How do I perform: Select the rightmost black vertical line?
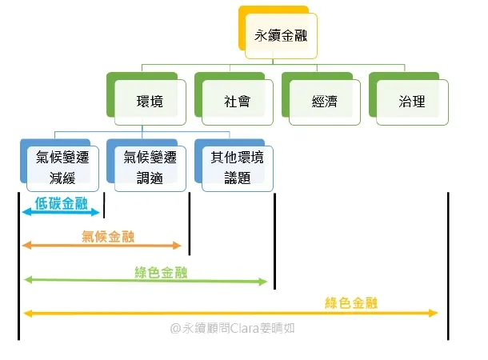(x=449, y=264)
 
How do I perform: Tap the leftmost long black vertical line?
(x=18, y=264)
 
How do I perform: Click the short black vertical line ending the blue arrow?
(x=105, y=205)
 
